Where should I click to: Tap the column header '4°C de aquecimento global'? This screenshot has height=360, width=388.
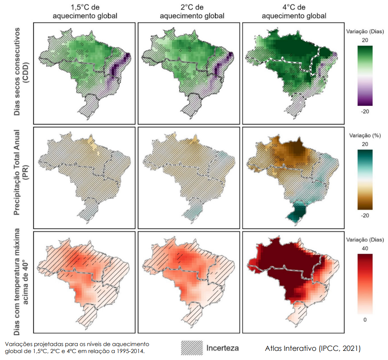coord(294,12)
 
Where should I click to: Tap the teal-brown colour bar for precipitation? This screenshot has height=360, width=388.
coord(365,179)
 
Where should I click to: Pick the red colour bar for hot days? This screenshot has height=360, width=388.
coord(365,284)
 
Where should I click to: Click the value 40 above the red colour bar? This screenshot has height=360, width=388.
coord(365,249)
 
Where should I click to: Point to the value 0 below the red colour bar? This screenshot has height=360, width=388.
coord(365,320)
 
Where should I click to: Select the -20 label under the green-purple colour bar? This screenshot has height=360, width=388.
coord(365,111)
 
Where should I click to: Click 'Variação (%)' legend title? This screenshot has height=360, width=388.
coord(365,135)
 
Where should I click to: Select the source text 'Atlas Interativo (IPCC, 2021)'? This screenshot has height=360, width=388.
coord(312,348)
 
